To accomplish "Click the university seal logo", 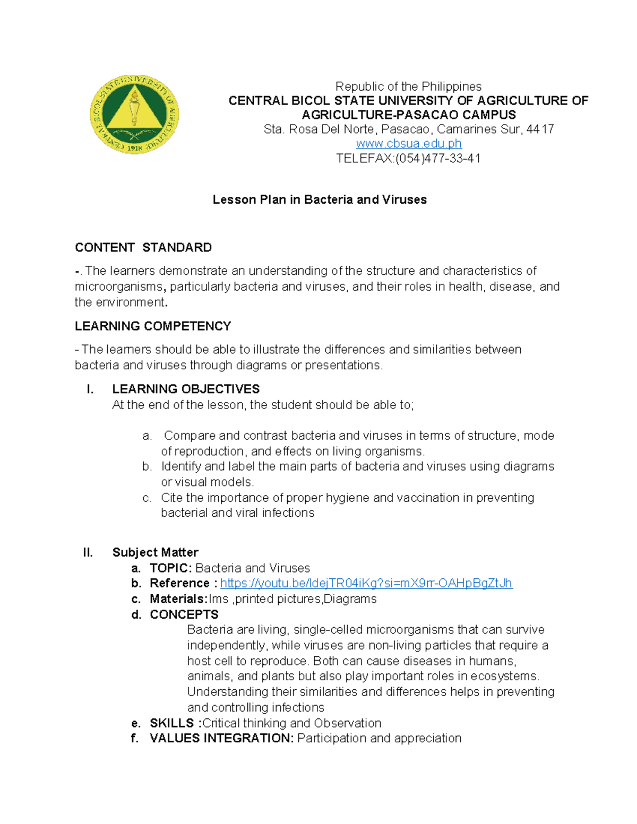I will pyautogui.click(x=134, y=114).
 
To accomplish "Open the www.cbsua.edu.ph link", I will pyautogui.click(x=408, y=144).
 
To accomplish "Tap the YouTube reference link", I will pyautogui.click(x=366, y=583).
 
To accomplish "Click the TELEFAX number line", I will pyautogui.click(x=408, y=158).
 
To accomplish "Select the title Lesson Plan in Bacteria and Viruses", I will pyautogui.click(x=320, y=200).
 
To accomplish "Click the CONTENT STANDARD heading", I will pyautogui.click(x=143, y=247).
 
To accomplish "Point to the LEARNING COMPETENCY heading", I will pyautogui.click(x=153, y=326).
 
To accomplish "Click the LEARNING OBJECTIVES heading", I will pyautogui.click(x=186, y=389).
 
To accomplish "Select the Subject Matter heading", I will pyautogui.click(x=155, y=552).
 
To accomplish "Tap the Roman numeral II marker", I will pyautogui.click(x=88, y=552).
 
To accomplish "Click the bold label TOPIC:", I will pyautogui.click(x=170, y=568).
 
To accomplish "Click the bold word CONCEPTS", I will pyautogui.click(x=184, y=614).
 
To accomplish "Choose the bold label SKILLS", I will pyautogui.click(x=172, y=723).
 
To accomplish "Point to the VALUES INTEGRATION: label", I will pyautogui.click(x=221, y=738).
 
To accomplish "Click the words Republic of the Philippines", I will pyautogui.click(x=408, y=86).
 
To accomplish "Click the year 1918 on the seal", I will pyautogui.click(x=134, y=148).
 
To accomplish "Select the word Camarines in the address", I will pyautogui.click(x=463, y=129).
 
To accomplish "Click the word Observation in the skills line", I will pyautogui.click(x=347, y=723).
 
